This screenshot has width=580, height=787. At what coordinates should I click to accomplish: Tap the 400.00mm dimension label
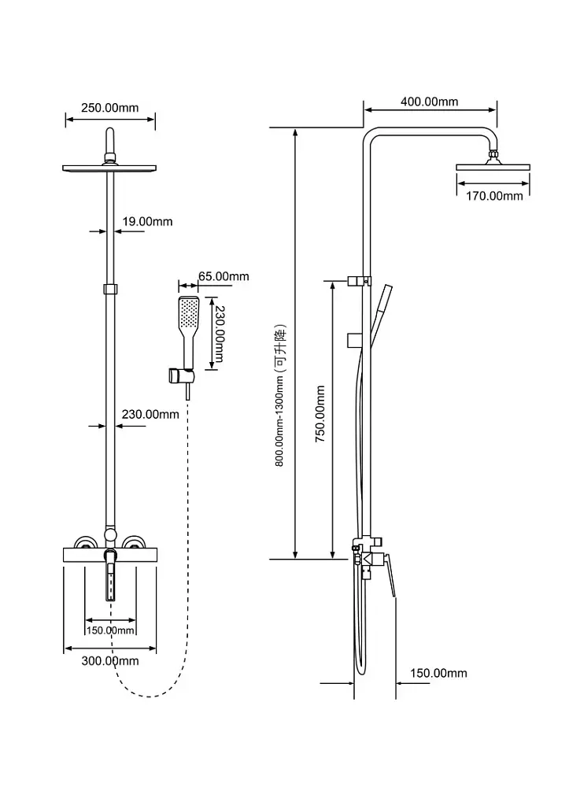(x=429, y=102)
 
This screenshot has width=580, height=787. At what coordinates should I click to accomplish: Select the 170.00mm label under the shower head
(x=493, y=196)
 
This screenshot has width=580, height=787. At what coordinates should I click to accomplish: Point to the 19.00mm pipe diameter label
(x=147, y=222)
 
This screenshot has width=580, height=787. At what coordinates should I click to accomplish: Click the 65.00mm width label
(x=224, y=276)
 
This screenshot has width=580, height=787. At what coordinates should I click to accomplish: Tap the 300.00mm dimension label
(x=110, y=660)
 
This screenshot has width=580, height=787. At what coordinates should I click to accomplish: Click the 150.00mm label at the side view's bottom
(x=438, y=673)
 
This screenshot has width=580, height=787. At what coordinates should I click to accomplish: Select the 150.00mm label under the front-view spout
(x=110, y=630)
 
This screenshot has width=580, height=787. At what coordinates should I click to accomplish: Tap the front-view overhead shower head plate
(x=109, y=168)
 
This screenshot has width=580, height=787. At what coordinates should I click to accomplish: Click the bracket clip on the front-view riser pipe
(x=110, y=289)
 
